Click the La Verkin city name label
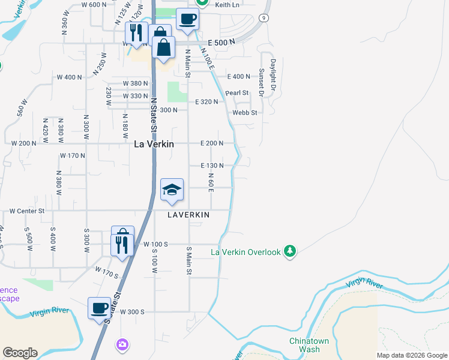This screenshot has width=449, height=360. (x=154, y=144)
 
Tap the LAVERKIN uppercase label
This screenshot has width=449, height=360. (x=188, y=214)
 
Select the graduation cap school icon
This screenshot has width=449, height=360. (x=172, y=190)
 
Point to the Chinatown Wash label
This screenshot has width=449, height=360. (x=305, y=345)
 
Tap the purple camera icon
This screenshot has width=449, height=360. (x=122, y=344)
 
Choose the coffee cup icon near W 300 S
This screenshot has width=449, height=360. (x=100, y=308)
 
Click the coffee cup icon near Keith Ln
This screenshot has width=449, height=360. (x=187, y=19)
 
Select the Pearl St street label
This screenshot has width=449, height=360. (x=237, y=93)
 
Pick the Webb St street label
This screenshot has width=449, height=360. (x=245, y=112)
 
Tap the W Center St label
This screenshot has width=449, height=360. (x=27, y=211)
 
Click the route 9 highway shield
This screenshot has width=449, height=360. (x=264, y=19)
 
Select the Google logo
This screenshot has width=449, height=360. (x=20, y=353)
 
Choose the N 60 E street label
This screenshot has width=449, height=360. (x=211, y=182)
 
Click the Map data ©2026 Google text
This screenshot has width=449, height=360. (x=412, y=355)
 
